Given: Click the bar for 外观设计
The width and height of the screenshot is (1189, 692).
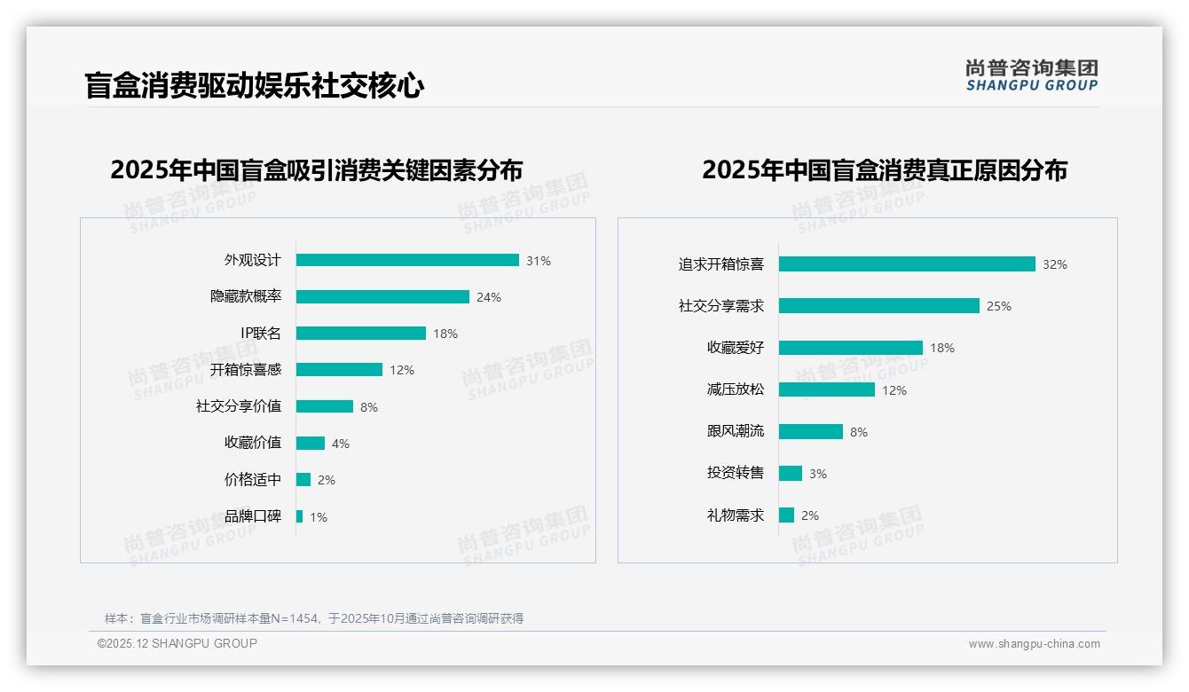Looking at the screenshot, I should pos(407,260).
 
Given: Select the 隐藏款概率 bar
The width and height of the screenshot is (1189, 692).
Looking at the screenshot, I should pos(382,297).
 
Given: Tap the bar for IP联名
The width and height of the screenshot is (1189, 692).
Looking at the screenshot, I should pos(361,334).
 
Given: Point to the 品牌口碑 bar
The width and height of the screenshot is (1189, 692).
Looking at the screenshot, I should pos(300,516).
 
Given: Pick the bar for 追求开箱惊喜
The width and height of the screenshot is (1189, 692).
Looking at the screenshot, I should pos(907,264).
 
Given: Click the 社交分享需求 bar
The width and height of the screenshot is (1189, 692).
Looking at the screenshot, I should pos(879,306).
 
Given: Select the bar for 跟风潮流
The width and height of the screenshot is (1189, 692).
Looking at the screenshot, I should pos(811,431).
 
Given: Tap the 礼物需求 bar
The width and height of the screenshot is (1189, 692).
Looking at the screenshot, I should pos(786,515).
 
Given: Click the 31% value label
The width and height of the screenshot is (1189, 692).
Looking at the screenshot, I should pos(539,261).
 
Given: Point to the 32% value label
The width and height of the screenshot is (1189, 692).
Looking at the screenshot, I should pos(1055,265).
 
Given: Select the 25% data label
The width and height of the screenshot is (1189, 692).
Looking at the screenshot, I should pos(999,307).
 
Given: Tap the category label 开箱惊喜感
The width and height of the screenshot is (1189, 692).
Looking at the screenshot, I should pos(246,370).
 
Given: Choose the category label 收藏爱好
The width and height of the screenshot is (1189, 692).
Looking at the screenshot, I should pos(736,348).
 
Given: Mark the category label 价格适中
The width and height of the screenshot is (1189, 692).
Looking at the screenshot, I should pos(253,480).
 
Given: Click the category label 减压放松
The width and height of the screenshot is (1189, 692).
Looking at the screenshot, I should pos(736,389).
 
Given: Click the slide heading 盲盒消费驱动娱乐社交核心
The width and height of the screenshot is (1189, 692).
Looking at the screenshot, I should pos(255,86).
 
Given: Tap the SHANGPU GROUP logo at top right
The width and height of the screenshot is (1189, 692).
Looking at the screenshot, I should pos(1032,75).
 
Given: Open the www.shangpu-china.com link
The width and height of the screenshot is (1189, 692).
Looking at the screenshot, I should pos(1034,644).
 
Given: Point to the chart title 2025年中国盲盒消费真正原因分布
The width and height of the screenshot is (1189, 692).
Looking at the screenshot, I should pos(885,170).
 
